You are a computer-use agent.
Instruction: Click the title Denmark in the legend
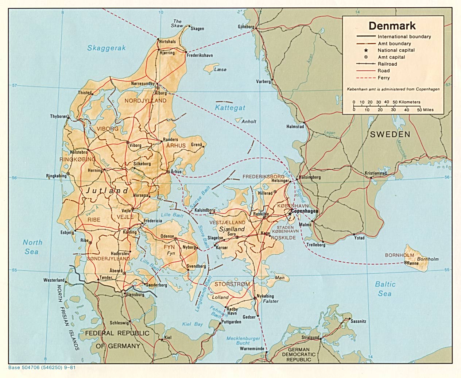[392, 26]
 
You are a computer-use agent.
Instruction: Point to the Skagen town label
[197, 29]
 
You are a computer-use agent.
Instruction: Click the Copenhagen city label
[305, 211]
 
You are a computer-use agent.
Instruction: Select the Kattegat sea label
[230, 108]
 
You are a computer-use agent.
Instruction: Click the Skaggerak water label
[106, 48]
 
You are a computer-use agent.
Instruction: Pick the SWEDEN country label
[390, 134]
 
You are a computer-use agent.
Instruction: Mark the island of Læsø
[209, 68]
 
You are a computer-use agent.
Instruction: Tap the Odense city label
[167, 236]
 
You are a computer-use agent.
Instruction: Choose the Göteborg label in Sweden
[246, 27]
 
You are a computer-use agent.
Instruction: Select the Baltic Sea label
[385, 289]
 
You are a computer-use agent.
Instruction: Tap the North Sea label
[32, 247]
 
